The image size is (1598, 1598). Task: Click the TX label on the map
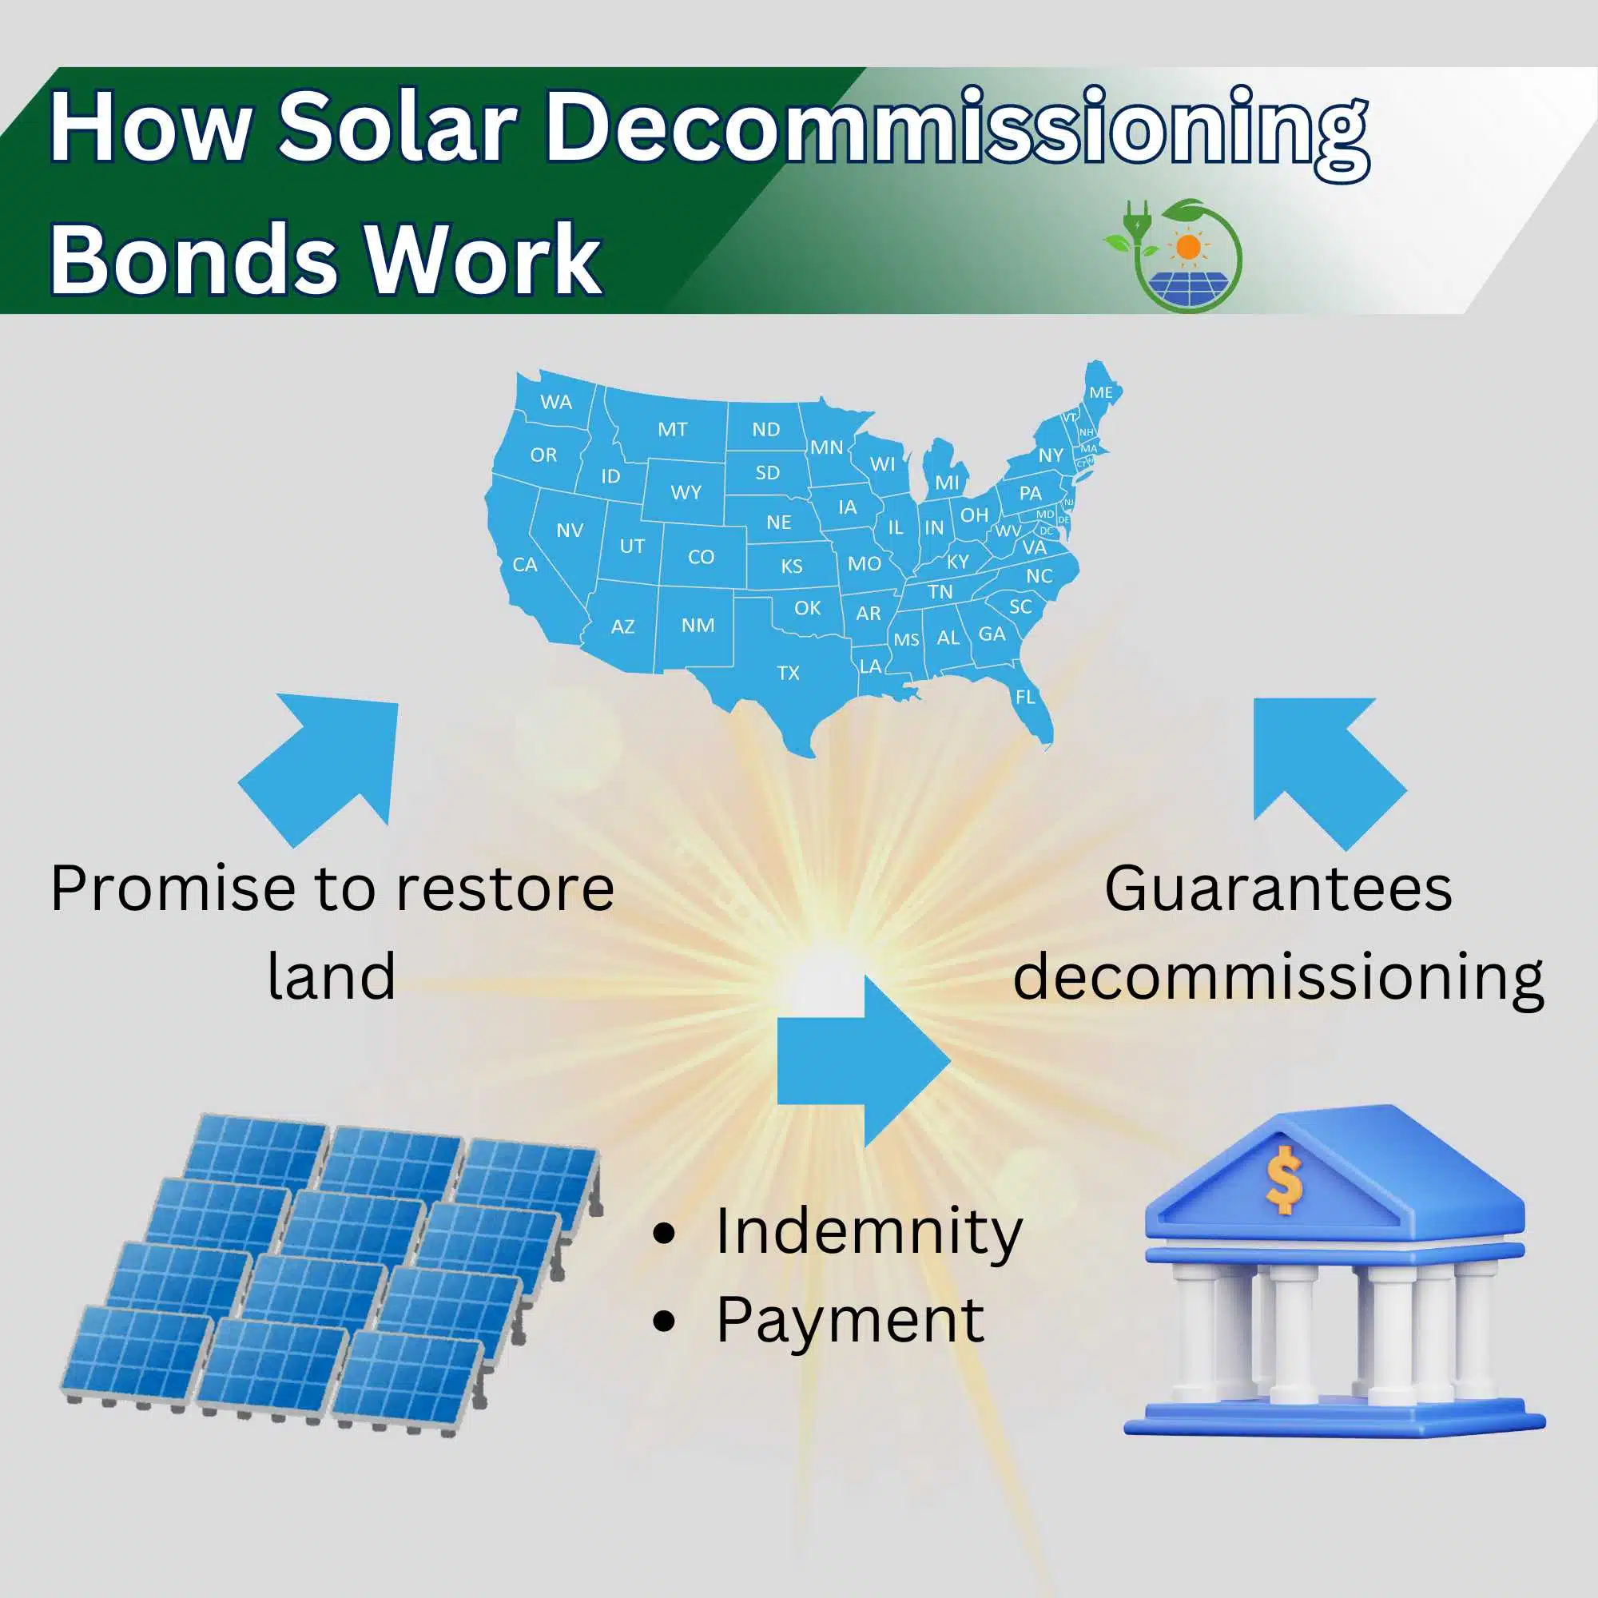click(789, 674)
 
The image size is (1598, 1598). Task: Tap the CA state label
click(524, 565)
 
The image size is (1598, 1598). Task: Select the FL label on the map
click(1025, 698)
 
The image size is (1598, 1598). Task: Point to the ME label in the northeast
click(1100, 393)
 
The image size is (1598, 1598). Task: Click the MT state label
click(673, 429)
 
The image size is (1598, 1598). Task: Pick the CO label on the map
click(701, 557)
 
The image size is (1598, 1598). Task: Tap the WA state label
click(556, 402)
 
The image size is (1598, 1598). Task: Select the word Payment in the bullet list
click(849, 1320)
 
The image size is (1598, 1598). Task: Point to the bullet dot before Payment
click(663, 1321)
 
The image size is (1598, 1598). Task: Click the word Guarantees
click(1278, 889)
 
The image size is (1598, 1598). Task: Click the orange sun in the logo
click(1189, 246)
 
